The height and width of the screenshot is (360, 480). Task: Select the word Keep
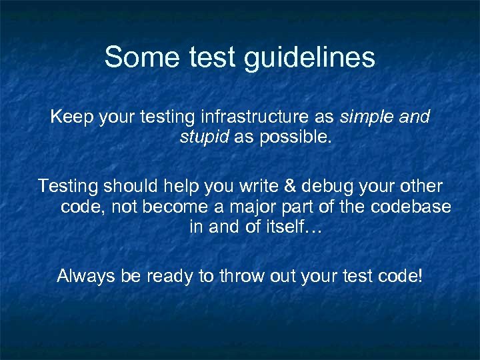(x=72, y=118)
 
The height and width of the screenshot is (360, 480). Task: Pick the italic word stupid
(x=204, y=138)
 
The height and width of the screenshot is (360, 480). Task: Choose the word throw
(x=239, y=275)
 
